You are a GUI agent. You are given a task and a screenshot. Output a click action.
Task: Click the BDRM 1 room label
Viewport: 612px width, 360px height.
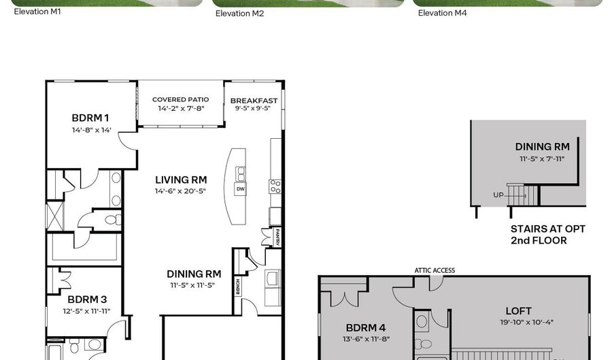(x=90, y=118)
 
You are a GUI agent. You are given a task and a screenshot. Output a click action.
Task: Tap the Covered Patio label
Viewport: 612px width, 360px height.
(x=181, y=99)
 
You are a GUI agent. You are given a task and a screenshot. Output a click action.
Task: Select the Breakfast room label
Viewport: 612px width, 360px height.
(x=254, y=101)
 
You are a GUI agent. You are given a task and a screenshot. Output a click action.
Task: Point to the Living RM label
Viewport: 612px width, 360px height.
(x=181, y=180)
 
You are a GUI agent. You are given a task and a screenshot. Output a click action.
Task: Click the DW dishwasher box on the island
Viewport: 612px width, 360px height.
(x=241, y=189)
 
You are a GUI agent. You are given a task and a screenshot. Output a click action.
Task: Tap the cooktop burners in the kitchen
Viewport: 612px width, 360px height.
(x=275, y=186)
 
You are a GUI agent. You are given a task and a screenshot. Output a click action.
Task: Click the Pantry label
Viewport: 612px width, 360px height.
(x=277, y=237)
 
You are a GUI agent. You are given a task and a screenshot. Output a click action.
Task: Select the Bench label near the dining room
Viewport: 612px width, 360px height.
(x=238, y=287)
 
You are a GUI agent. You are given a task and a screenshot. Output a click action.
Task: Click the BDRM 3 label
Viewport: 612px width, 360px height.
(x=87, y=299)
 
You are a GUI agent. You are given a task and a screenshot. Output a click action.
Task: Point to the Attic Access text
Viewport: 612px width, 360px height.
(x=435, y=270)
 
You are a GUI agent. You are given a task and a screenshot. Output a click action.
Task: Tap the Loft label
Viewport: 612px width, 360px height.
(x=518, y=311)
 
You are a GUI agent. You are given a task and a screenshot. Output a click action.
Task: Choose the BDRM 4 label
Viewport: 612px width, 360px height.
(x=366, y=328)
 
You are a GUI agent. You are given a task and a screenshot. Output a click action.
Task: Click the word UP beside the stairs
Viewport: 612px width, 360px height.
(x=498, y=195)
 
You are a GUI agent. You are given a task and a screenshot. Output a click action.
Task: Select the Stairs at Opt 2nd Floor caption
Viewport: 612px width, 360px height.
(x=548, y=235)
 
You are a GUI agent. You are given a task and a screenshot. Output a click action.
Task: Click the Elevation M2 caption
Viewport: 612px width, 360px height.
(x=239, y=14)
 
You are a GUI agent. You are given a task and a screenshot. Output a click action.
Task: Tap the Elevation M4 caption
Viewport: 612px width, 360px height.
(x=442, y=14)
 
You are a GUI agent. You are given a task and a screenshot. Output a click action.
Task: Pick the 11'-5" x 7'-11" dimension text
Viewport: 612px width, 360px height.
(x=542, y=159)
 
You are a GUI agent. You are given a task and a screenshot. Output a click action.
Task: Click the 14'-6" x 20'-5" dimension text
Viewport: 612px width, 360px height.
(x=180, y=191)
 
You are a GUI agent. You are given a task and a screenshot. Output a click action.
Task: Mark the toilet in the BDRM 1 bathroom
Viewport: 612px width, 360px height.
(x=111, y=219)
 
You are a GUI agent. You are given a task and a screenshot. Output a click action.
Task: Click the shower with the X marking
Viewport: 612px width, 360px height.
(x=54, y=216)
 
